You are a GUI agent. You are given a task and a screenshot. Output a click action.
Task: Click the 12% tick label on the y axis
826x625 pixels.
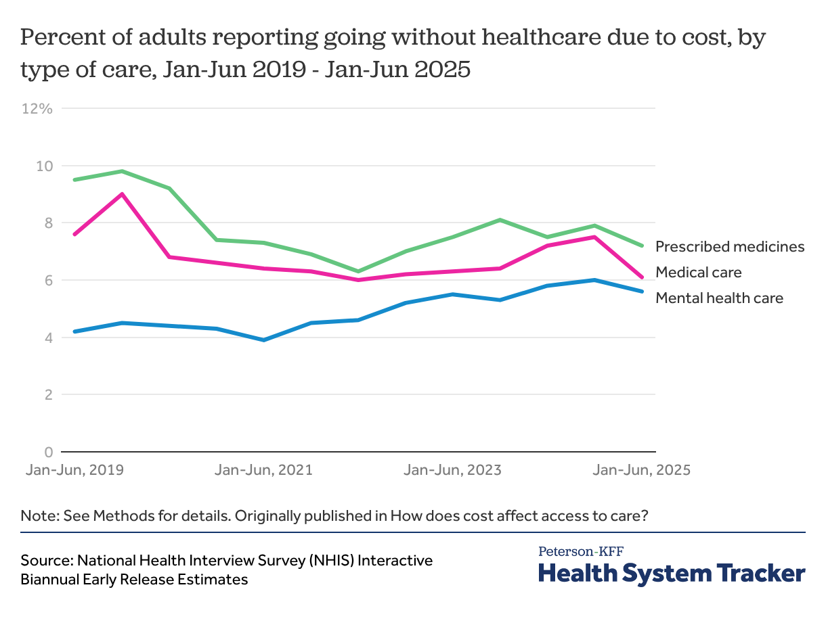(37, 108)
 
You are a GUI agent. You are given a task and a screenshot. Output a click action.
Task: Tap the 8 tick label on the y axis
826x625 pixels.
(48, 223)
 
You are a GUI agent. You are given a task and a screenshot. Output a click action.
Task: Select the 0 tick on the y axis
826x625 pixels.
(48, 452)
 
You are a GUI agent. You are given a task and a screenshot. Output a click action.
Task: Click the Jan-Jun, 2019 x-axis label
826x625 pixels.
(74, 470)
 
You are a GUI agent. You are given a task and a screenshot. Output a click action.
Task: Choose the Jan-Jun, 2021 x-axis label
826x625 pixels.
(263, 470)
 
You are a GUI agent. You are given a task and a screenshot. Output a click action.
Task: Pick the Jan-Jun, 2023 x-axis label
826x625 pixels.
(452, 470)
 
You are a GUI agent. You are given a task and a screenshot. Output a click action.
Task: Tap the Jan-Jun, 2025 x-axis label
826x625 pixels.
(641, 470)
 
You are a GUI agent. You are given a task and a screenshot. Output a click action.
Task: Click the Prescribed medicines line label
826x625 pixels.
(730, 246)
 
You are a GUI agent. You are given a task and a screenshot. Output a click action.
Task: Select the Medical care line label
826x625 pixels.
(699, 273)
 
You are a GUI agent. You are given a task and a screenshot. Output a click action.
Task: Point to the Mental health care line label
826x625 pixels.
(719, 298)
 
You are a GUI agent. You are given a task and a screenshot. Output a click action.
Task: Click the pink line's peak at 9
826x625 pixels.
(122, 194)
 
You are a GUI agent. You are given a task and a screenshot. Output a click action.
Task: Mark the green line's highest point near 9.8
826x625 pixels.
(122, 171)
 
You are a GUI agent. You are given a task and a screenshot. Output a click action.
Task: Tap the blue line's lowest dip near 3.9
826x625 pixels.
(263, 340)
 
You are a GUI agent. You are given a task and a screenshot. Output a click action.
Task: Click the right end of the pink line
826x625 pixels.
(642, 277)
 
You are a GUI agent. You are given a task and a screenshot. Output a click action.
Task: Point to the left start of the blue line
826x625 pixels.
(74, 331)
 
